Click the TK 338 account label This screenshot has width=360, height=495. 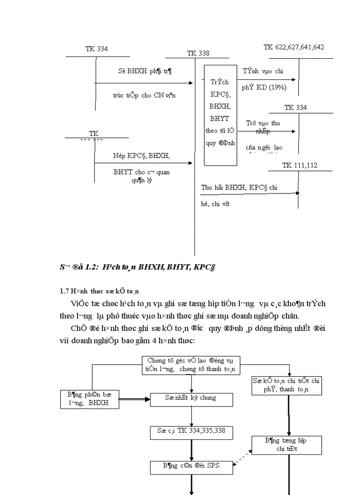[198, 53]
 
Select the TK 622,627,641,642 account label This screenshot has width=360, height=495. [294, 47]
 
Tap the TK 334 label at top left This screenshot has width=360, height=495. [97, 49]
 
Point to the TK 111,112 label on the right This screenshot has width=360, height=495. [300, 165]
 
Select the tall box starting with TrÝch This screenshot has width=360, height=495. [221, 115]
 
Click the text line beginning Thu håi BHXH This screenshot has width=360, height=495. [239, 187]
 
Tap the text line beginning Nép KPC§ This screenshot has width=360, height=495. [141, 156]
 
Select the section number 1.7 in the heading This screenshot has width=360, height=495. [64, 291]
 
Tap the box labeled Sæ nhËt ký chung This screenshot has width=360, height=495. [191, 399]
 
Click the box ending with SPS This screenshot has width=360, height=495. [191, 467]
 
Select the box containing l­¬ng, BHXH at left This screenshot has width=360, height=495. [90, 399]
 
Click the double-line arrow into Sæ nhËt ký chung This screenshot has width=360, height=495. [135, 399]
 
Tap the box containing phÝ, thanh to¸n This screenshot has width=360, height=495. [287, 385]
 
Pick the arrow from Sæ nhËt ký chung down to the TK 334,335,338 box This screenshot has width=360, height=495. [191, 415]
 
